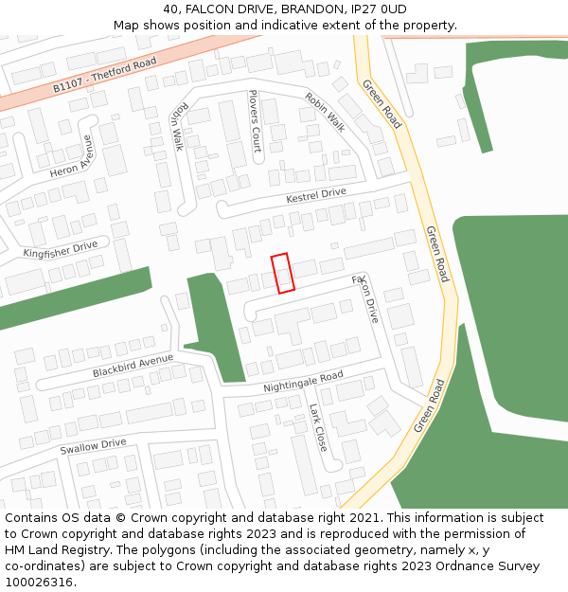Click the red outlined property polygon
pos(282,273)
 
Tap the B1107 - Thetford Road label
pos(104,74)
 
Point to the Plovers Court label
pos(254,121)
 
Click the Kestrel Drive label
pos(316,196)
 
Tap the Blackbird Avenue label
pos(133,366)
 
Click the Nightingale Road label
pos(303,382)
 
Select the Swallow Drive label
pos(93,446)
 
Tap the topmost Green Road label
pos(382,103)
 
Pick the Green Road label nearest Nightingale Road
pos(428,405)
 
